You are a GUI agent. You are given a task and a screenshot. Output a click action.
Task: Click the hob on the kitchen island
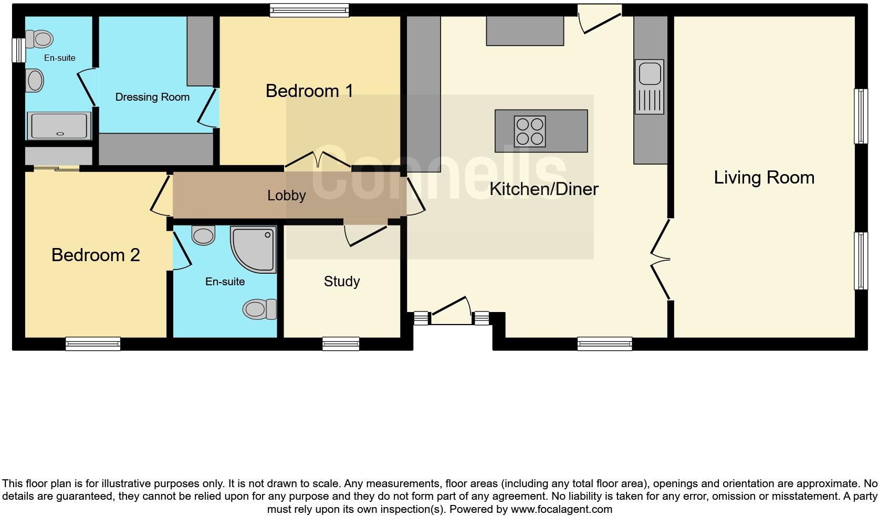[x=530, y=131]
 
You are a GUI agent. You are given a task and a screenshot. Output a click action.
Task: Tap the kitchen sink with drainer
[x=650, y=87]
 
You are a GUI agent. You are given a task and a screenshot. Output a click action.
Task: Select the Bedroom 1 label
[x=309, y=91]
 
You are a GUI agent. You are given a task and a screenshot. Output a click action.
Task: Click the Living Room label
[x=764, y=177]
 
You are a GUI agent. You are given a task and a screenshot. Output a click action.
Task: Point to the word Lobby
[x=286, y=196]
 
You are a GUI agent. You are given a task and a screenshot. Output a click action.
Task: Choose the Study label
[x=342, y=282]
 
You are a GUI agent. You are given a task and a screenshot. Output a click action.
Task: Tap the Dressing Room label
[x=152, y=97]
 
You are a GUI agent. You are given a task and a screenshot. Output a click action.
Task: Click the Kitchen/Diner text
[x=543, y=189]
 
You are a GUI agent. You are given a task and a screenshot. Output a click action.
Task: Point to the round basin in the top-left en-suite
[x=35, y=81]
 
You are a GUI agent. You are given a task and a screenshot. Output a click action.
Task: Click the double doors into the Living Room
[x=661, y=260]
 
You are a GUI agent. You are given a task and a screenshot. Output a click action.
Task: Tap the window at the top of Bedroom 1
[x=309, y=10]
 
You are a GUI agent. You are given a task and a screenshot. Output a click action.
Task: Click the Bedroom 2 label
[x=96, y=255]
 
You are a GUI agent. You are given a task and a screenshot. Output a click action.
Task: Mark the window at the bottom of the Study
[x=341, y=344]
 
